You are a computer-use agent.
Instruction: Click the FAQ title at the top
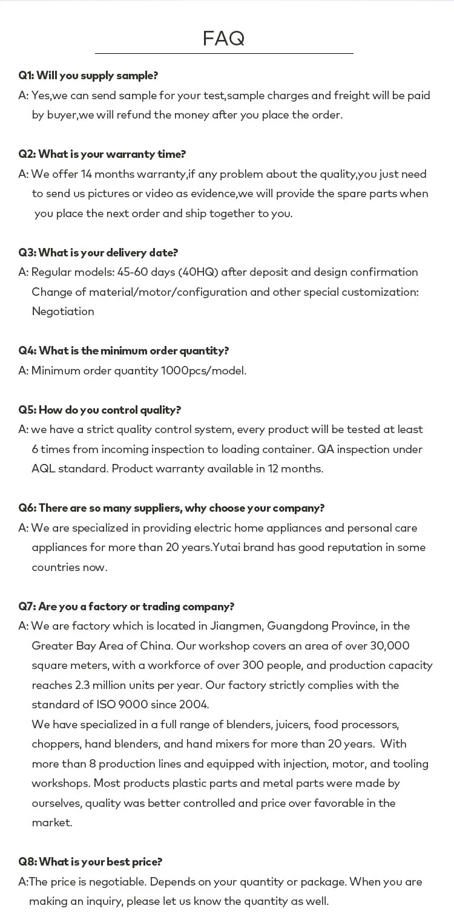pyautogui.click(x=223, y=38)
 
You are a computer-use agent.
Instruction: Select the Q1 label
pyautogui.click(x=26, y=76)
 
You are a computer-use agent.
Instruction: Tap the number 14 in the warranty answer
pyautogui.click(x=86, y=174)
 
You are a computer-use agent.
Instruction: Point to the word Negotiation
pyautogui.click(x=63, y=312)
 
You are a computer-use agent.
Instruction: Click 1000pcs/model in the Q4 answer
pyautogui.click(x=203, y=370)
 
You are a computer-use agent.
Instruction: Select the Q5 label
pyautogui.click(x=27, y=410)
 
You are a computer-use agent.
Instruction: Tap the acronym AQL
pyautogui.click(x=43, y=469)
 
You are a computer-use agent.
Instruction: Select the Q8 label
pyautogui.click(x=27, y=861)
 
